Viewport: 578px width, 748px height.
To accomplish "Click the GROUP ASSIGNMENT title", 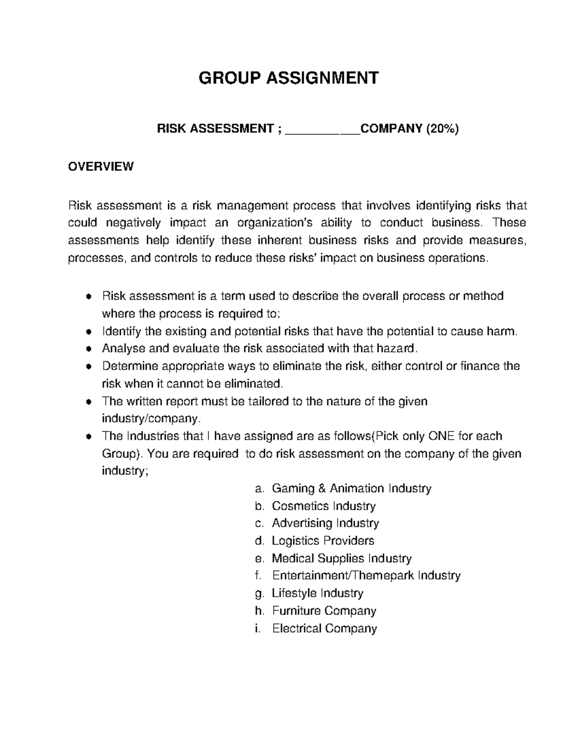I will click(x=289, y=78).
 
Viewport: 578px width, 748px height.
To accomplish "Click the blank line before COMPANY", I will click(x=323, y=130).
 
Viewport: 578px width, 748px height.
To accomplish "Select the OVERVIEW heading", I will click(x=101, y=167).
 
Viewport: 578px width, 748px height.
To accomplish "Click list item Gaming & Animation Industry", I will click(x=351, y=488).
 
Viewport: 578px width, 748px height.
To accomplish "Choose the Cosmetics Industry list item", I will click(x=323, y=506).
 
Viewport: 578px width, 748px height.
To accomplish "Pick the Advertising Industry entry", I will click(x=325, y=523).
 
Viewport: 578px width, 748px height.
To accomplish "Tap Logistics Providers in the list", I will click(x=323, y=540).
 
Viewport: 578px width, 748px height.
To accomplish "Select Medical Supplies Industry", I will click(x=342, y=558).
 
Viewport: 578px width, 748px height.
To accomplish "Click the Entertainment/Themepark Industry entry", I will click(x=366, y=576).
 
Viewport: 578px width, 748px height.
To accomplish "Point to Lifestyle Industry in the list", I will click(x=317, y=593).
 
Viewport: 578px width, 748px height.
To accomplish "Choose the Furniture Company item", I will click(x=324, y=611).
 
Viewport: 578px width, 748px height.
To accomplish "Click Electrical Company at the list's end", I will click(x=324, y=629).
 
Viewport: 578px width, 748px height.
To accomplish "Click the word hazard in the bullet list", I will click(x=396, y=348).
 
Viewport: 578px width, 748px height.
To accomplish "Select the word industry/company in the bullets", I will click(x=150, y=419).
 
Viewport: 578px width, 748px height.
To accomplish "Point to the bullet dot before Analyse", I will click(x=88, y=349).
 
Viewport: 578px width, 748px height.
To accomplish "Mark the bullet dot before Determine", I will click(x=88, y=367).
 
